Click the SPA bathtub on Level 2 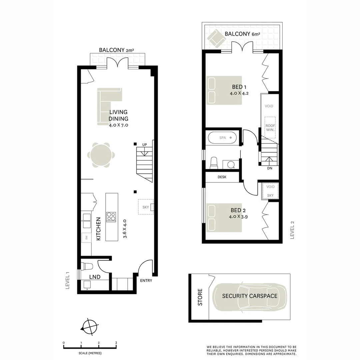pos(222,138)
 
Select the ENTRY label pos(146,280)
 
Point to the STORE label pos(200,297)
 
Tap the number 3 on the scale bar pos(116,343)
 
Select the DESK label pos(222,177)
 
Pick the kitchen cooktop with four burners pos(111,217)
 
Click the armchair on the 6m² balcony pos(217,38)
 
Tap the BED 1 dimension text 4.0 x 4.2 pos(239,93)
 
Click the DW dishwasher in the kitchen pos(86,238)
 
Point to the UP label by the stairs pos(144,145)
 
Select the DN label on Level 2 pos(270,168)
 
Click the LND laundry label pos(95,277)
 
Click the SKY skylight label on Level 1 pos(146,207)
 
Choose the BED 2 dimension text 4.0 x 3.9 pos(238,216)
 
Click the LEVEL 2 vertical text pos(293,230)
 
